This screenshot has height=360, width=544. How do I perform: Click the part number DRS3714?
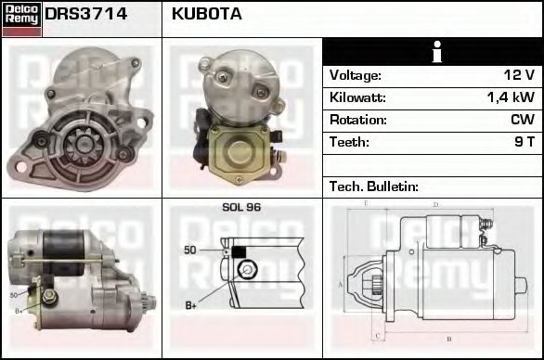[86, 14]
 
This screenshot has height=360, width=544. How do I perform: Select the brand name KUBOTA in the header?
[207, 14]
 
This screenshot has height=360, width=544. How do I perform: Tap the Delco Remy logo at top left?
[21, 18]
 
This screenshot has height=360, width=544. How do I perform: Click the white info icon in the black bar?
[432, 52]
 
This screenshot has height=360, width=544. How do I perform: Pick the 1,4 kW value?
[511, 97]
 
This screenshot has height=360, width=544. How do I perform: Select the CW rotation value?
[522, 120]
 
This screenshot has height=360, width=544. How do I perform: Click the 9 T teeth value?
[524, 142]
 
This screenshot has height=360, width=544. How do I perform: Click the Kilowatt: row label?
[357, 97]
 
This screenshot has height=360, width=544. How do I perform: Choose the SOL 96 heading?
[241, 207]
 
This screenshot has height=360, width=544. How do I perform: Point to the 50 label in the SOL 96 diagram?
[190, 251]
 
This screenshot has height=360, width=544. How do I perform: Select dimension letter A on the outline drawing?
[341, 285]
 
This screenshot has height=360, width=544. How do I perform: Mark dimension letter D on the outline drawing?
[435, 204]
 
